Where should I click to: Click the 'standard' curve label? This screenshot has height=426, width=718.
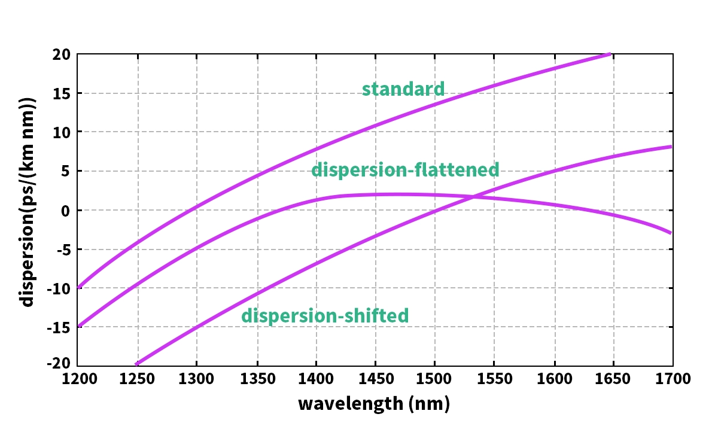[x=403, y=89]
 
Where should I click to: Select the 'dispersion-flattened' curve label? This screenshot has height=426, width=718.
[x=405, y=170]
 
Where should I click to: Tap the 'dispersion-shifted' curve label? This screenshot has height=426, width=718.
[x=325, y=315]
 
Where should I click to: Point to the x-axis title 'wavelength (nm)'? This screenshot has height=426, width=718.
[x=374, y=403]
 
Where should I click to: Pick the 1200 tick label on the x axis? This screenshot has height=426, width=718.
[x=78, y=379]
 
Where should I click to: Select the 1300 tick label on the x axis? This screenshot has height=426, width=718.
[x=197, y=379]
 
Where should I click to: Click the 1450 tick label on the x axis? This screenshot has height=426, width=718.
[x=375, y=379]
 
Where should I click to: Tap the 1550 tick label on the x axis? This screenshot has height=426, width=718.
[x=494, y=379]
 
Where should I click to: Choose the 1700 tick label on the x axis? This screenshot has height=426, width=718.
[x=673, y=379]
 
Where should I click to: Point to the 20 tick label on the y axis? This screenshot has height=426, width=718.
[x=62, y=55]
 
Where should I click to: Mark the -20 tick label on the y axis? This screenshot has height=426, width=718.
[x=59, y=364]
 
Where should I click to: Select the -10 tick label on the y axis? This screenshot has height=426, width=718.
[x=59, y=288]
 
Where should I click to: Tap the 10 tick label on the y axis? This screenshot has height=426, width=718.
[x=62, y=132]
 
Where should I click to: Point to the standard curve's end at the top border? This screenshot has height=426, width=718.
[x=609, y=54]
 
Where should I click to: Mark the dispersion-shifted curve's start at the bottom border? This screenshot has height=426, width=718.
[x=137, y=364]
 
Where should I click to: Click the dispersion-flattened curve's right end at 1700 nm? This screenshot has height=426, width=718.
[x=671, y=233]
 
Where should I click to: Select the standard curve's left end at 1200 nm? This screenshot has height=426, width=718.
[x=78, y=288]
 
